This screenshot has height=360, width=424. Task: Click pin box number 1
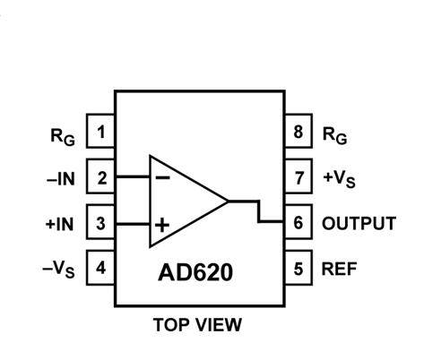[101, 133]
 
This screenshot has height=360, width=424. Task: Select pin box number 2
[101, 177]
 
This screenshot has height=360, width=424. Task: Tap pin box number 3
[101, 222]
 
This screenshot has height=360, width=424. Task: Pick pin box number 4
[101, 267]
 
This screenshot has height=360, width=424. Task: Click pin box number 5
[299, 267]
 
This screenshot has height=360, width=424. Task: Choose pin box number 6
[299, 222]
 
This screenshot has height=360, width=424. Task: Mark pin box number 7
[299, 177]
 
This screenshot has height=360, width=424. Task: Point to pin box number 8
[299, 133]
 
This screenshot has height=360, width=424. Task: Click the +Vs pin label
[339, 178]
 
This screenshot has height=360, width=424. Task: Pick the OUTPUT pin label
[359, 223]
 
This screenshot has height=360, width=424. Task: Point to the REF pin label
[339, 268]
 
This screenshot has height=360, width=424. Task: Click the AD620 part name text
[199, 270]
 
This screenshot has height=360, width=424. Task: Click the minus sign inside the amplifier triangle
[163, 176]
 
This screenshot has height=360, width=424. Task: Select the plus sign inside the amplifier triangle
[162, 225]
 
